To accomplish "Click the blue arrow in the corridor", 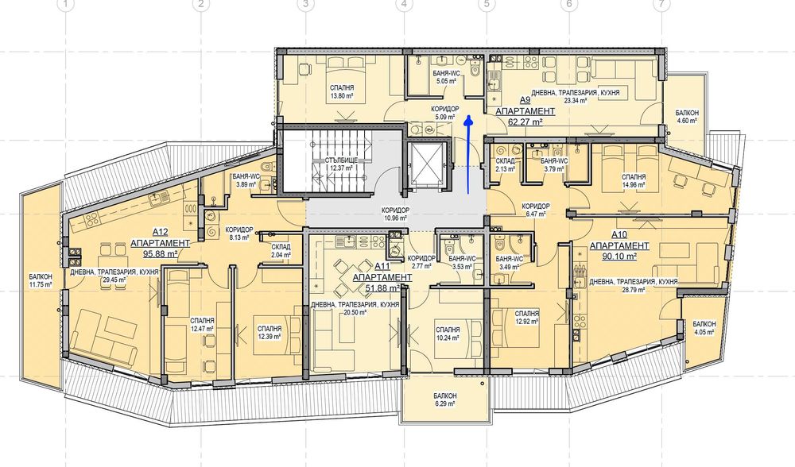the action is click(468, 155).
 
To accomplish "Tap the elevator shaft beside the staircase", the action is click(427, 166).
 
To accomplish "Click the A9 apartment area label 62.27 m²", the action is click(525, 122).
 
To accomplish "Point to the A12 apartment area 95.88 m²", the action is click(161, 254).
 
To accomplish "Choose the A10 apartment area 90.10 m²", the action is click(619, 256).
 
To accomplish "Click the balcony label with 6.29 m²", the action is click(445, 403).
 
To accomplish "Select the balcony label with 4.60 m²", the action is click(687, 121).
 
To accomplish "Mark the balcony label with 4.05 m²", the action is click(704, 332).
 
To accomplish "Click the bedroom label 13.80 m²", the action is click(341, 96).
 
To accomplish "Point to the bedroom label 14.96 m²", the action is click(634, 185).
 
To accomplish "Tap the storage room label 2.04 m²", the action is click(281, 255).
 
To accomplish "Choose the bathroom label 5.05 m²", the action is click(446, 80).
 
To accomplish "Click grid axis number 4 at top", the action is click(404, 5).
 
